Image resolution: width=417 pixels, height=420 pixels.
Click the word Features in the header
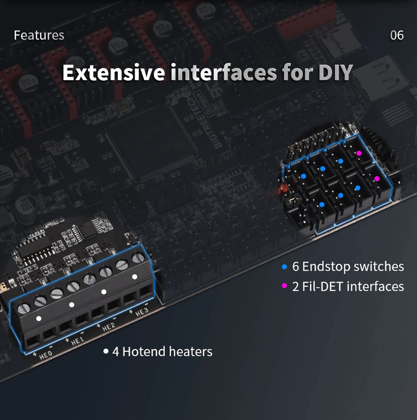(39, 35)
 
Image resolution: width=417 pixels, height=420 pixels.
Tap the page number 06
(397, 35)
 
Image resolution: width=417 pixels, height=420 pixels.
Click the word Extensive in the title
(113, 73)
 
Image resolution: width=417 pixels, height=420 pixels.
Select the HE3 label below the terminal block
(142, 312)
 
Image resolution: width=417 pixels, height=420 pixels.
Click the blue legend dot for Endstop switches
(284, 267)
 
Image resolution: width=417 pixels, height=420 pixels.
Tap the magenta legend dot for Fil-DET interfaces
(284, 286)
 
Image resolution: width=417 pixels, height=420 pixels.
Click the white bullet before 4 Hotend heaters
(106, 352)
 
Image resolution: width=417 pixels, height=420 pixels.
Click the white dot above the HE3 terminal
(134, 277)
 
